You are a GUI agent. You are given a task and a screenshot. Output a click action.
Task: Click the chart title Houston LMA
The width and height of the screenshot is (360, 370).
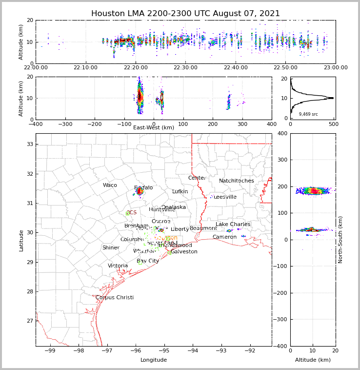(185, 14)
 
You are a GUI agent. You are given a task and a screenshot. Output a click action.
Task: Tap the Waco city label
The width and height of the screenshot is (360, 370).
(110, 185)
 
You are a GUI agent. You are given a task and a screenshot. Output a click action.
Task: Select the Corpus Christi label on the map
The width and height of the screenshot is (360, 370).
(115, 297)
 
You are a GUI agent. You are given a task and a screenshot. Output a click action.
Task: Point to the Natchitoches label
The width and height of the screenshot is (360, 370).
(237, 181)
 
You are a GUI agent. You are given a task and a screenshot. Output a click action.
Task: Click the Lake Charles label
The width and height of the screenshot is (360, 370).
(233, 225)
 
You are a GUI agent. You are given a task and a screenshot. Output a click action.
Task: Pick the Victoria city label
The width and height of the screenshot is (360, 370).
(118, 266)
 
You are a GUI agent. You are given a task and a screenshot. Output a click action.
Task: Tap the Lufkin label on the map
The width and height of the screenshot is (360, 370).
(180, 192)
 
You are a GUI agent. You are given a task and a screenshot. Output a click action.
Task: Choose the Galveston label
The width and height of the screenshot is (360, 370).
(184, 252)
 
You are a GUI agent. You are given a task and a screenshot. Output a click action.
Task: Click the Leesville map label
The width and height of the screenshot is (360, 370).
(225, 197)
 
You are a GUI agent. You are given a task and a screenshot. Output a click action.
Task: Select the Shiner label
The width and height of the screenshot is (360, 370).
(111, 248)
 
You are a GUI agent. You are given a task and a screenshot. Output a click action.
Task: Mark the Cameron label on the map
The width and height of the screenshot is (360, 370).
(224, 237)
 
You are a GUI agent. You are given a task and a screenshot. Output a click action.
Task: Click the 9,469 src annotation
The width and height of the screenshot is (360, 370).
(308, 114)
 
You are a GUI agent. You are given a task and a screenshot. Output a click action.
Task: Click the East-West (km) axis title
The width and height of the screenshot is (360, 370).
(154, 128)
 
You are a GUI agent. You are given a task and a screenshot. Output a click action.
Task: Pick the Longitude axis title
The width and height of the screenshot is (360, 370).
(154, 360)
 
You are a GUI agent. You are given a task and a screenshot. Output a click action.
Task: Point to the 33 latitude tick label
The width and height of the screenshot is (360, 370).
(29, 144)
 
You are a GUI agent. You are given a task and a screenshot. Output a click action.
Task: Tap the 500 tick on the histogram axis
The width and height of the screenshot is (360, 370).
(333, 124)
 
